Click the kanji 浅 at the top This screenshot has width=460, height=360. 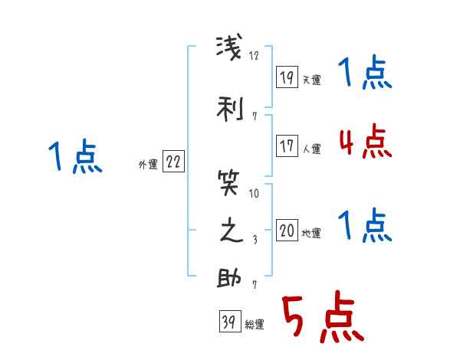(x=229, y=47)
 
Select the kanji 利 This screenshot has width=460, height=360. (x=230, y=109)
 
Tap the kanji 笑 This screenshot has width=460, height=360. (x=228, y=183)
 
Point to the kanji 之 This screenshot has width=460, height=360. (x=232, y=230)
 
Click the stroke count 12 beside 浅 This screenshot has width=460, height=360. (x=254, y=55)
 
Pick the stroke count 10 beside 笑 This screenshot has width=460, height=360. (x=254, y=194)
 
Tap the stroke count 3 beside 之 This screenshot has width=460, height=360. (x=255, y=240)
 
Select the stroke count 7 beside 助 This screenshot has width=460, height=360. (x=255, y=285)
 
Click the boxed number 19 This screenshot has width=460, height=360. (x=287, y=77)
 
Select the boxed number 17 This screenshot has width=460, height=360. (x=287, y=146)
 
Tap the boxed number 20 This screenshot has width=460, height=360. (x=287, y=230)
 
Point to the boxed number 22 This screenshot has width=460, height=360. (x=173, y=162)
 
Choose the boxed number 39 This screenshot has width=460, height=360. (x=230, y=321)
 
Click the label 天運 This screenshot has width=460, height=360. (x=311, y=80)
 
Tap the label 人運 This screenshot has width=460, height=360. (x=311, y=149)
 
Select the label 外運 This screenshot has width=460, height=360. (x=148, y=165)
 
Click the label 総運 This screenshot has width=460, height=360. (x=255, y=324)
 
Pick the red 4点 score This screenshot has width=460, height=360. (x=365, y=141)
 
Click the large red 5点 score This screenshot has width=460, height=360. (x=323, y=316)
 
